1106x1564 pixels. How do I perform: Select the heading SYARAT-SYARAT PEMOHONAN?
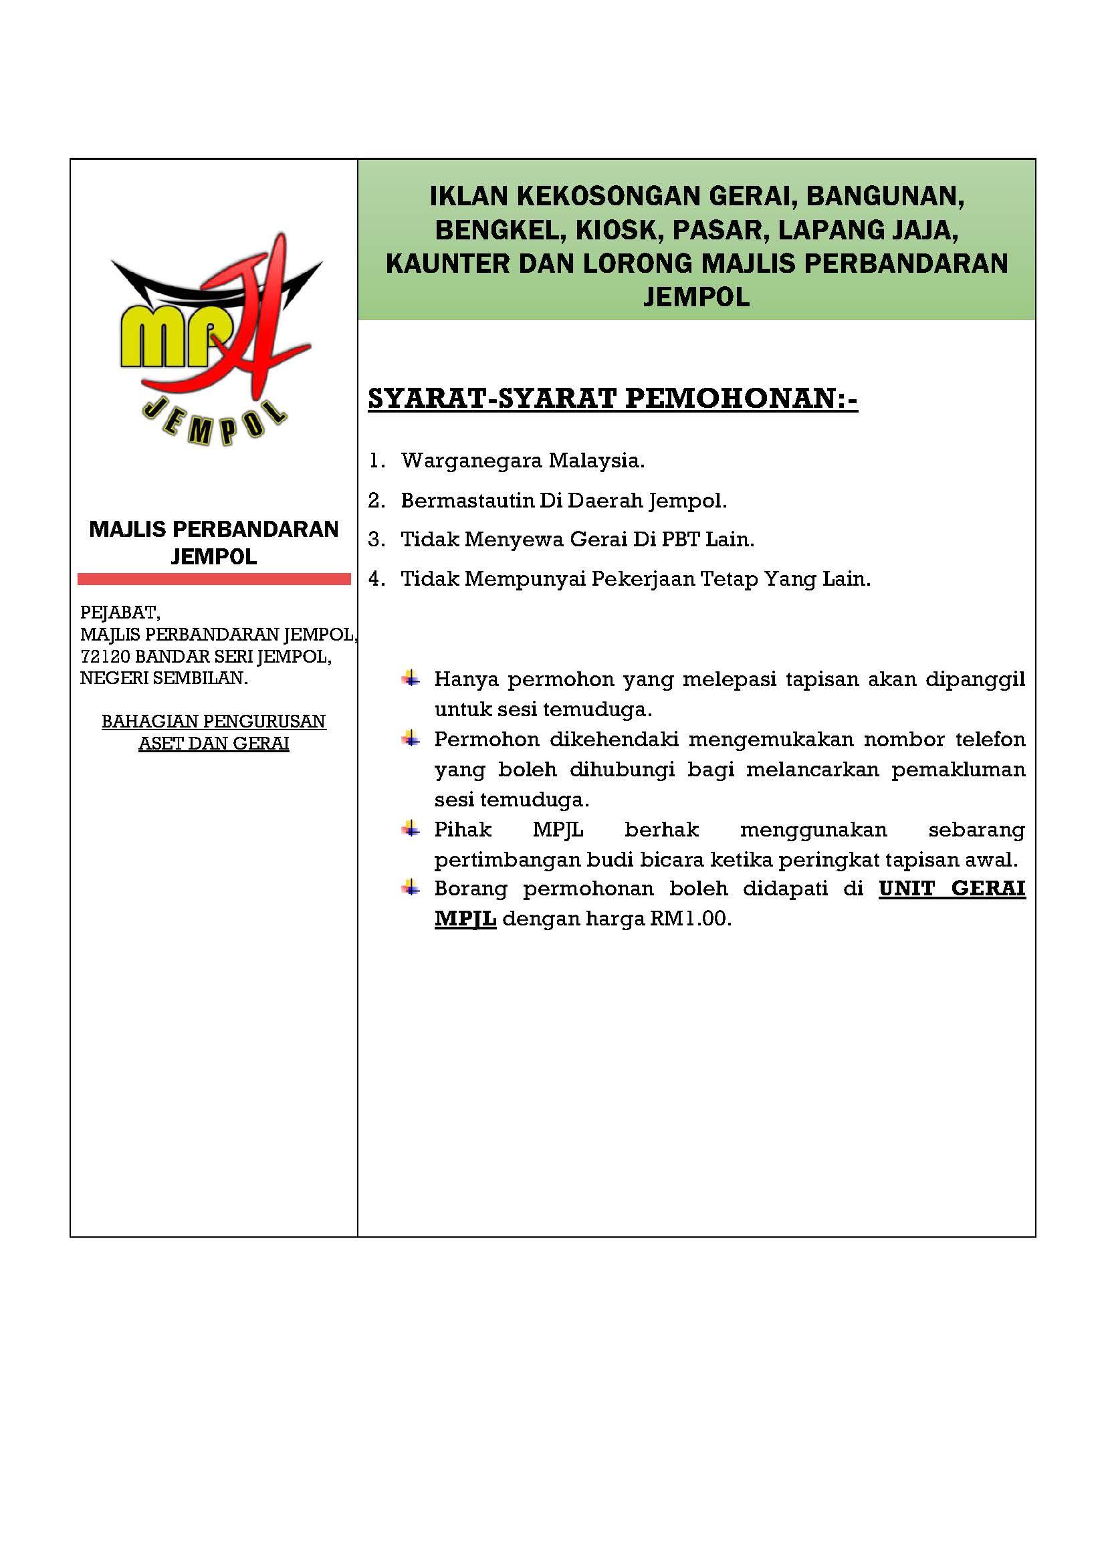613,399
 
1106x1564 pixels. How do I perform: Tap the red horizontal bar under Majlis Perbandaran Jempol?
214,579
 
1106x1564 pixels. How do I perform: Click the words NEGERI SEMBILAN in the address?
163,679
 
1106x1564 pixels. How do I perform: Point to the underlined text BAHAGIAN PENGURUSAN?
214,721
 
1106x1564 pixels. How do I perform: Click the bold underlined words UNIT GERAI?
952,889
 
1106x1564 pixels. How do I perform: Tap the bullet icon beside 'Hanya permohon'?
410,679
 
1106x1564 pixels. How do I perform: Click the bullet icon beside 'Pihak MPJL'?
410,829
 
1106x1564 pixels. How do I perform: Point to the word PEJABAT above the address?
120,612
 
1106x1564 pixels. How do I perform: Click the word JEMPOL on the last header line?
696,297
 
